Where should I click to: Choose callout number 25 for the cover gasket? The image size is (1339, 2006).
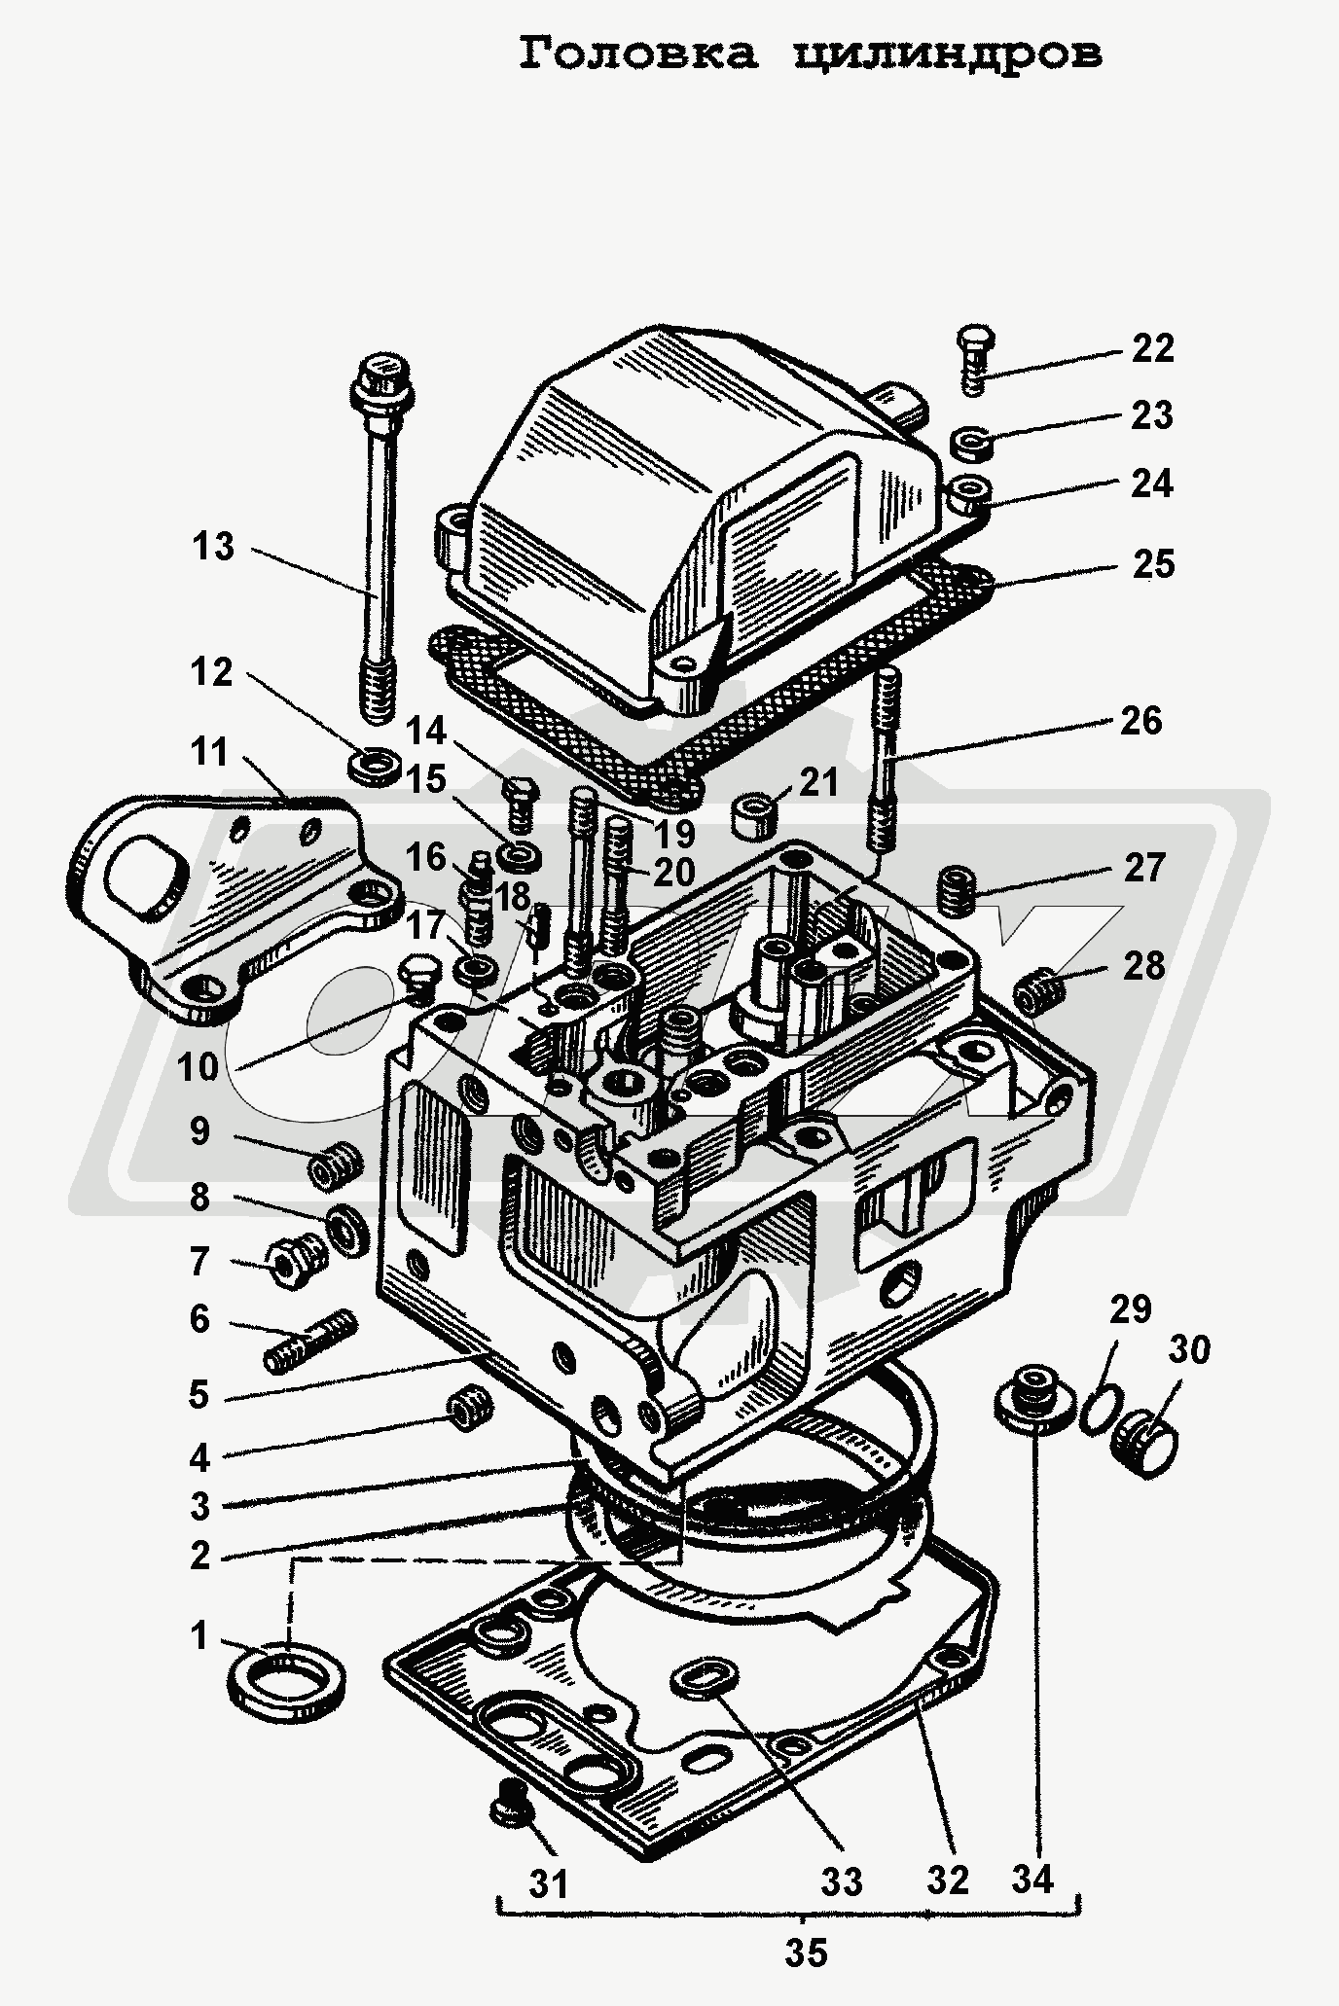click(1152, 564)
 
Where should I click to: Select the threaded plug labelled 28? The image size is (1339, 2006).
click(1039, 992)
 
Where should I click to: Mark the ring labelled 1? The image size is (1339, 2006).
click(289, 1673)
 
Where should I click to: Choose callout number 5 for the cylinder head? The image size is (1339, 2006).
click(199, 1395)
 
